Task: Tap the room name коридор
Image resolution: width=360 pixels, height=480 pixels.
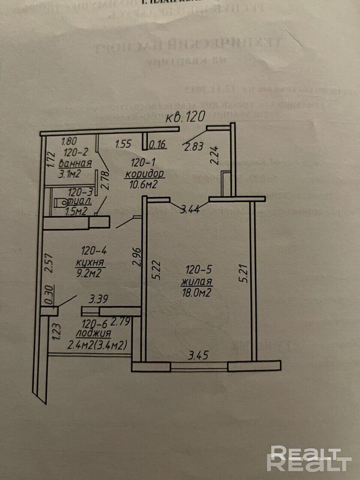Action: coord(145,174)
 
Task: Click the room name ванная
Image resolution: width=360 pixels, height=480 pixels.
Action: coord(76,163)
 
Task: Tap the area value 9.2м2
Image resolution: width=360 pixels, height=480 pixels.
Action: coord(88,273)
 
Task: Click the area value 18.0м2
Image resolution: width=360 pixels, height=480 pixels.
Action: coord(195,293)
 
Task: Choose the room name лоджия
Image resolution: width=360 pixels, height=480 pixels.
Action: coord(93,333)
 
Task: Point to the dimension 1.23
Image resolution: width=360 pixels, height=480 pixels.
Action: coord(57,332)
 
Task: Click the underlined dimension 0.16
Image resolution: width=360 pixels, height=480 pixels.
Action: coord(157,144)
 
